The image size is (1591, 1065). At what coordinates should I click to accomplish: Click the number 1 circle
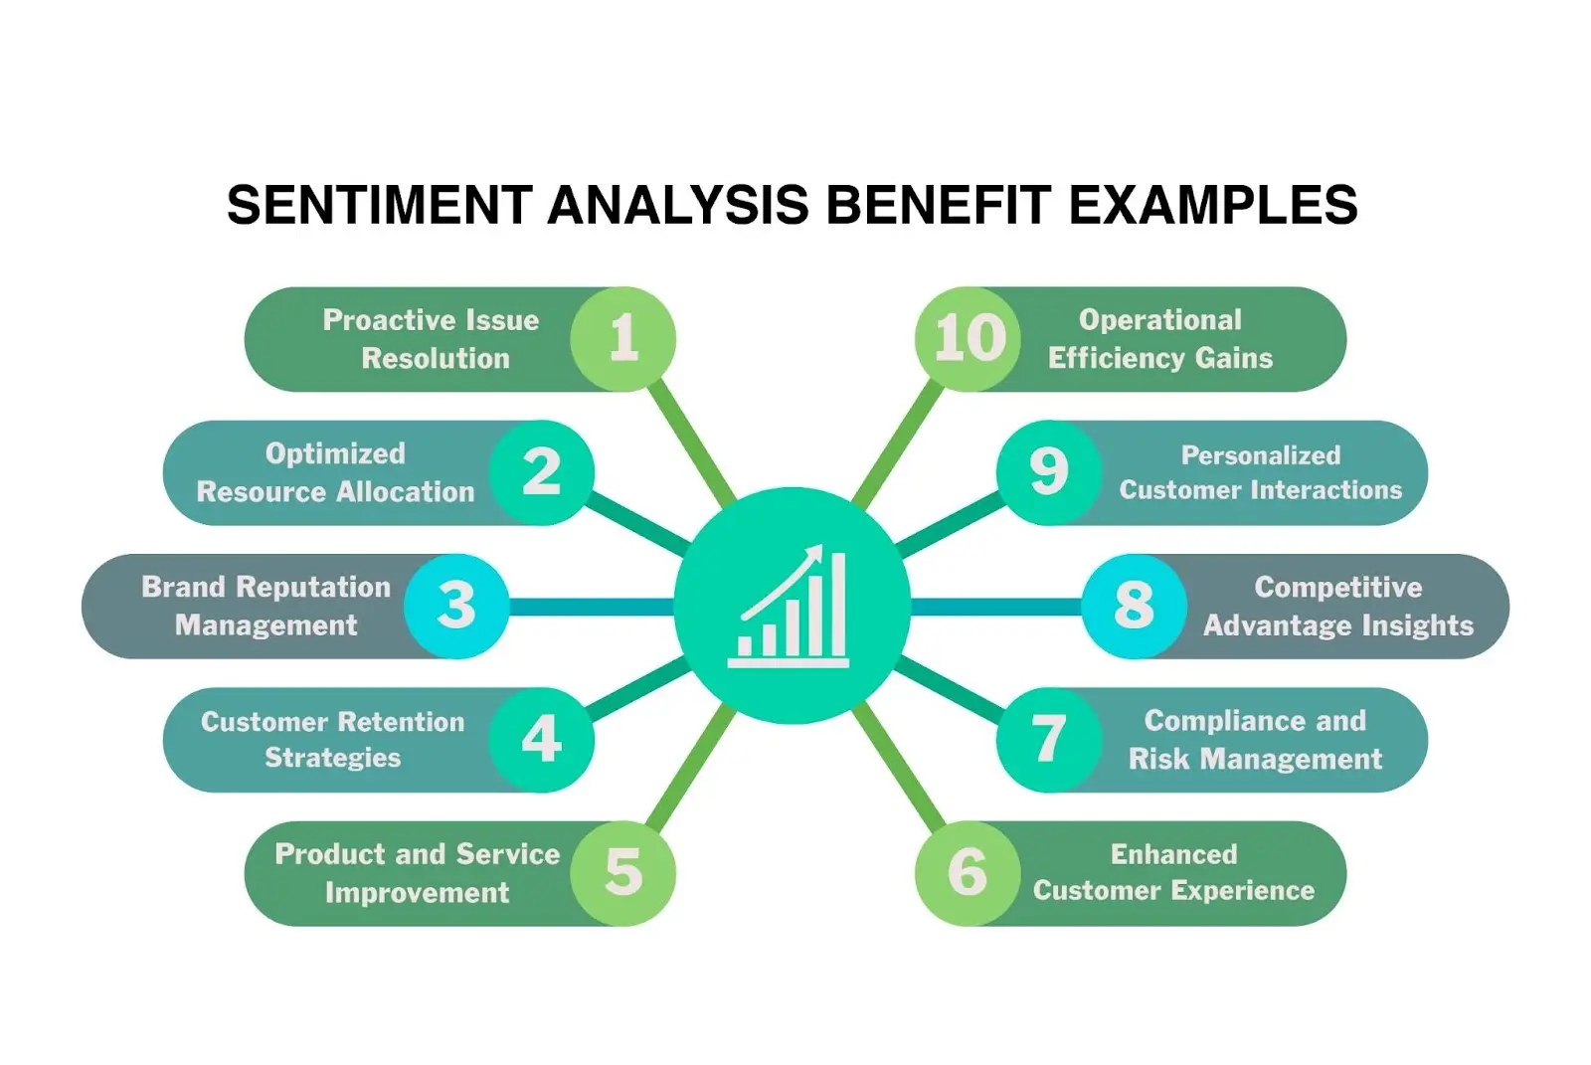tap(623, 339)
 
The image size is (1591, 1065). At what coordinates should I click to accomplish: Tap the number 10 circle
tap(968, 339)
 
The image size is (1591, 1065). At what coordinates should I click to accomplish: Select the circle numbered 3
tap(456, 606)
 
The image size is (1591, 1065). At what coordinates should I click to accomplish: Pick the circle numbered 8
tap(1134, 606)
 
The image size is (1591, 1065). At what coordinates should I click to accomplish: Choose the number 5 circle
tap(623, 873)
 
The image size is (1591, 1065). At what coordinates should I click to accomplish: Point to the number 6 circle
tap(968, 873)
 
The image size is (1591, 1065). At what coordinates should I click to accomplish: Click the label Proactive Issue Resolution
tap(433, 339)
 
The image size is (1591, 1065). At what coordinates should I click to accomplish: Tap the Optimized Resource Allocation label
tap(335, 472)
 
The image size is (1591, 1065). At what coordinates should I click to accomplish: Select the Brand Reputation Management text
tap(265, 606)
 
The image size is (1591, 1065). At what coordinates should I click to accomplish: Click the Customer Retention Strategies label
tap(332, 739)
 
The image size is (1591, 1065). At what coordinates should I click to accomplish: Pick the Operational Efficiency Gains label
tap(1159, 339)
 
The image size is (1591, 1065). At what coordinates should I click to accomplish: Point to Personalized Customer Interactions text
tap(1260, 472)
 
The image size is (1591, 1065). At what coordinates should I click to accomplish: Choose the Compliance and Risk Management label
tap(1255, 739)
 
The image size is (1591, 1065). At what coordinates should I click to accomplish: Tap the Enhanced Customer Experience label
tap(1173, 872)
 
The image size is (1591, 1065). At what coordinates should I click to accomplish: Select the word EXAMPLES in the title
tap(1212, 206)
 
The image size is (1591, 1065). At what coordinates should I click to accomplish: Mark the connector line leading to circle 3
tap(592, 606)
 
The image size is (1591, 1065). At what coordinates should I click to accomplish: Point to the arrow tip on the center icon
tap(817, 549)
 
